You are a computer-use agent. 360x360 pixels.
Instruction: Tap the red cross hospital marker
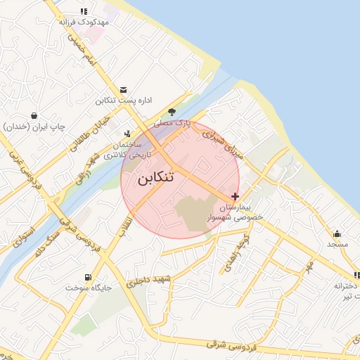(235, 196)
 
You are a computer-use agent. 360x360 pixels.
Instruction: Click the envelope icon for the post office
(124, 90)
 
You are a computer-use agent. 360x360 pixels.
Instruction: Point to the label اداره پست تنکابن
(124, 101)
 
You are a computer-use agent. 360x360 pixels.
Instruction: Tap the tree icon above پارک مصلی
(172, 112)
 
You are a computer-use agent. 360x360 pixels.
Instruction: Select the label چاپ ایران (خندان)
(34, 127)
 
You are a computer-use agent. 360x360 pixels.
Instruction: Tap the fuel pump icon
(87, 276)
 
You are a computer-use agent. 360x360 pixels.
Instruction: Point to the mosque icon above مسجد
(337, 233)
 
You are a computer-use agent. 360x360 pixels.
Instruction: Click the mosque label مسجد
(337, 244)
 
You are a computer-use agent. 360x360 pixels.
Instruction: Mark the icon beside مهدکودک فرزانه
(84, 11)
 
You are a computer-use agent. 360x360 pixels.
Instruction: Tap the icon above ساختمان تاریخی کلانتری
(127, 131)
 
